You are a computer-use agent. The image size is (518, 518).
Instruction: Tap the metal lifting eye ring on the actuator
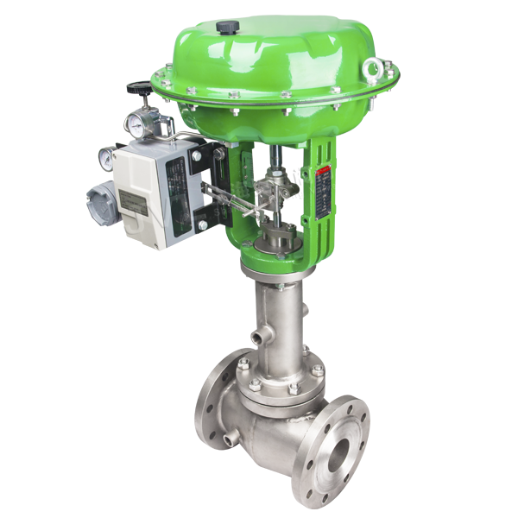372,66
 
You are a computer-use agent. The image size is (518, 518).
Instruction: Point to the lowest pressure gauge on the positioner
105,159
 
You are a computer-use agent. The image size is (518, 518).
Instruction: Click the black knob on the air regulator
136,89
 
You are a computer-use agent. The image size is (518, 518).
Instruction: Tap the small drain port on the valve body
227,440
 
